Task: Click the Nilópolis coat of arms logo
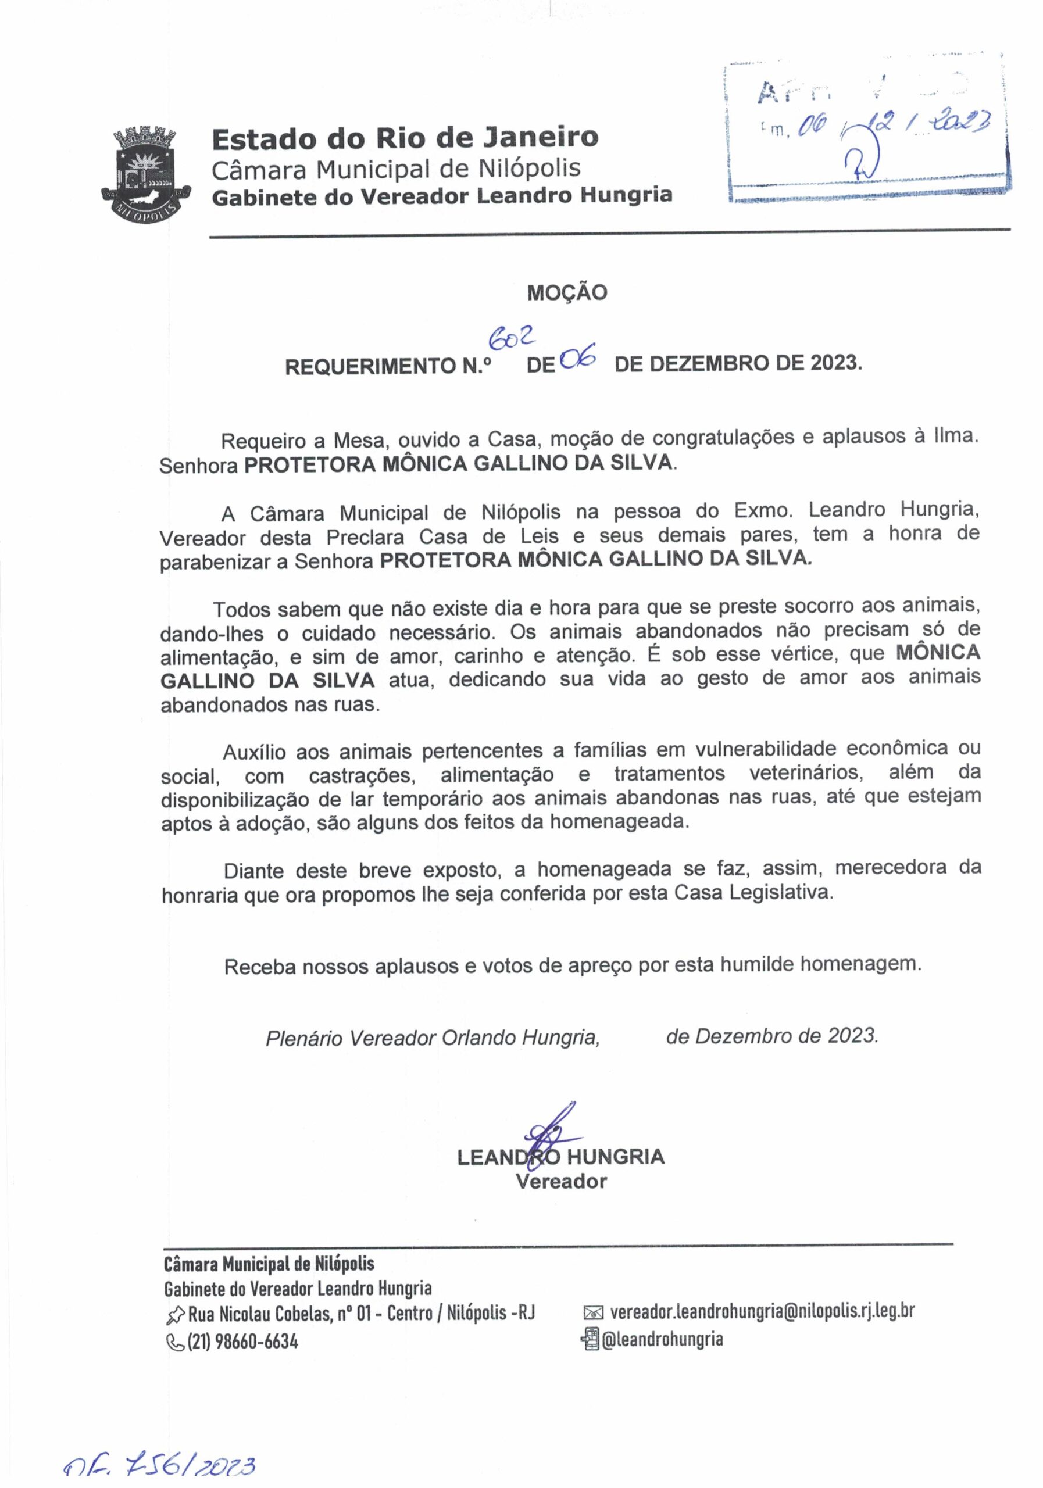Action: (147, 173)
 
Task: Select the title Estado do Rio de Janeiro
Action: (405, 137)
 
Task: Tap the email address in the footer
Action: (762, 1312)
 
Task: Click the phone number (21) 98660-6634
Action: (242, 1341)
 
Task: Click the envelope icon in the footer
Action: (593, 1313)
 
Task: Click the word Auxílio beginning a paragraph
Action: (254, 752)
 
